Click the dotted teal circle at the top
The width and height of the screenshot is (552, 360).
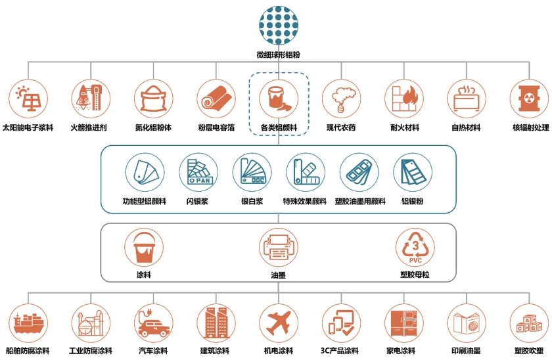tap(279, 26)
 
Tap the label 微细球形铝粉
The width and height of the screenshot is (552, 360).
tap(279, 55)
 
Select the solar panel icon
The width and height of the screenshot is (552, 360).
tap(28, 99)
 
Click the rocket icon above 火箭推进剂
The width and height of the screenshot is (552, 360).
tap(91, 98)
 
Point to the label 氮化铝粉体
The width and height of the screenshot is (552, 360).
tap(154, 127)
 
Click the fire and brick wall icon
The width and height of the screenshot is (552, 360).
tap(405, 99)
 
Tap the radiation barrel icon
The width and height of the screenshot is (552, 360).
tap(529, 99)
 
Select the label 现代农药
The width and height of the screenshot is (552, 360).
tap(341, 127)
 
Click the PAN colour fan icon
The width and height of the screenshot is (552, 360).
tap(199, 171)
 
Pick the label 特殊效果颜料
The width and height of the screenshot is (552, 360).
tap(305, 201)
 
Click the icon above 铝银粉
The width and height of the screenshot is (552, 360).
tap(413, 172)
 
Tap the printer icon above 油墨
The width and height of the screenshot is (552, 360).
tap(279, 247)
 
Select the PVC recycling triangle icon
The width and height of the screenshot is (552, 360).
tap(415, 248)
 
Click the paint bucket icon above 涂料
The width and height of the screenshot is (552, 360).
tap(144, 248)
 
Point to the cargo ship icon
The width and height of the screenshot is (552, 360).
tap(28, 323)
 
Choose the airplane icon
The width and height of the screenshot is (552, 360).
tap(279, 323)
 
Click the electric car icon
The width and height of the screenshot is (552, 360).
tap(154, 323)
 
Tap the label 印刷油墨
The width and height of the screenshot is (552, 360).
tap(467, 351)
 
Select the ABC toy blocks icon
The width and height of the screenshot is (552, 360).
tap(529, 324)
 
